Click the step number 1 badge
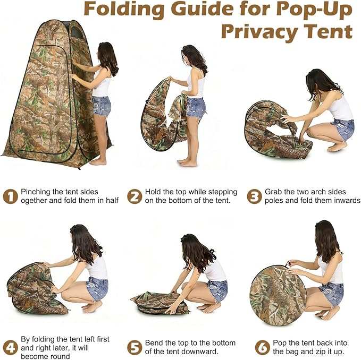click(x=10, y=196)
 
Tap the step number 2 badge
click(x=135, y=196)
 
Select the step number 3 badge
click(x=255, y=196)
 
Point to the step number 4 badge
click(x=10, y=347)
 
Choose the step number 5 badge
click(x=135, y=347)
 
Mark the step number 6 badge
click(x=263, y=347)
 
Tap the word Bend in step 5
click(x=154, y=343)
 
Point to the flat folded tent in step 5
click(x=159, y=303)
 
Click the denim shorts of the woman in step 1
click(x=102, y=106)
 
